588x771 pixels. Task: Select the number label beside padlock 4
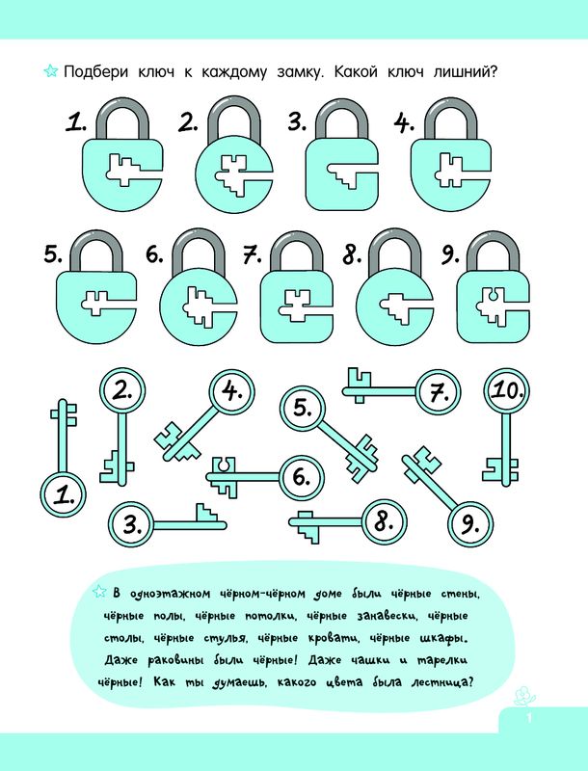point(404,123)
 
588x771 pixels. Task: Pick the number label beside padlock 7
point(253,255)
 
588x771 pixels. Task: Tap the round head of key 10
point(507,391)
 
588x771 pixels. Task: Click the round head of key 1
point(64,494)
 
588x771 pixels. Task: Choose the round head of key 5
point(303,408)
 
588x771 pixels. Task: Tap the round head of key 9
point(470,524)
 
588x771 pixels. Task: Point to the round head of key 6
point(302,477)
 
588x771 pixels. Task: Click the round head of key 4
point(232,392)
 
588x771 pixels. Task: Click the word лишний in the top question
point(466,71)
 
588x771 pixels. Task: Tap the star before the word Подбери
point(51,70)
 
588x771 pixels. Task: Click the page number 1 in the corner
point(529,718)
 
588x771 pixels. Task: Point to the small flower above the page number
point(523,696)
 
